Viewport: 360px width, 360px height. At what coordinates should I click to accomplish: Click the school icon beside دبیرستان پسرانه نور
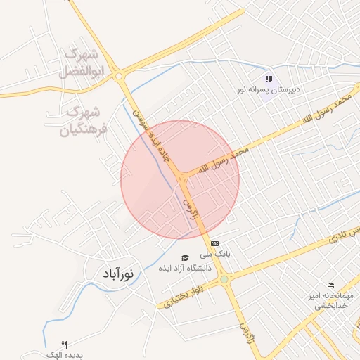coord(268,79)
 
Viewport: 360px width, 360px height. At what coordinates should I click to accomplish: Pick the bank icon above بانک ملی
coord(214,243)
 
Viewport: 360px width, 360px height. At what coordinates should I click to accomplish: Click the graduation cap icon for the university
coord(185,258)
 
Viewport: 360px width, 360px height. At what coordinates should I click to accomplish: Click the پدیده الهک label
coord(65,355)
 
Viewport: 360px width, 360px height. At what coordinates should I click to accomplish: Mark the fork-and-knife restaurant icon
coord(65,345)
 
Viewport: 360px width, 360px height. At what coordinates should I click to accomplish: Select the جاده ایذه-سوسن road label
coord(154,134)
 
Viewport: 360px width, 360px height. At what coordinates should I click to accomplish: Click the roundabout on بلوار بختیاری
coord(224,280)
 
